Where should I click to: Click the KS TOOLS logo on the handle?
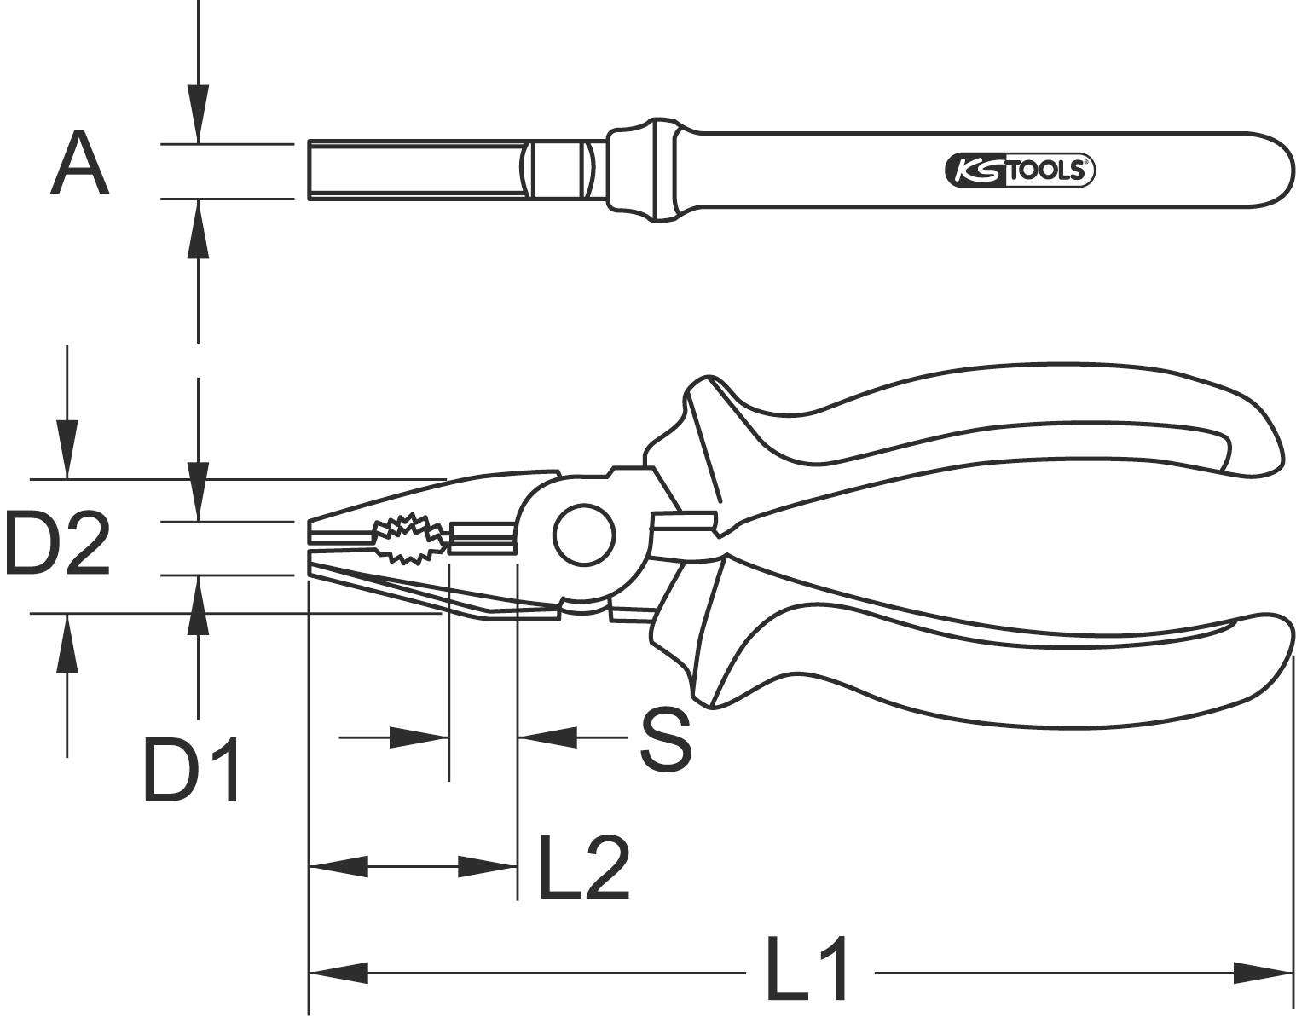pyautogui.click(x=1019, y=171)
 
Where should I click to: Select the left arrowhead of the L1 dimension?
pyautogui.click(x=338, y=972)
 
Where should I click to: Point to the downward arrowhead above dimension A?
pyautogui.click(x=198, y=111)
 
